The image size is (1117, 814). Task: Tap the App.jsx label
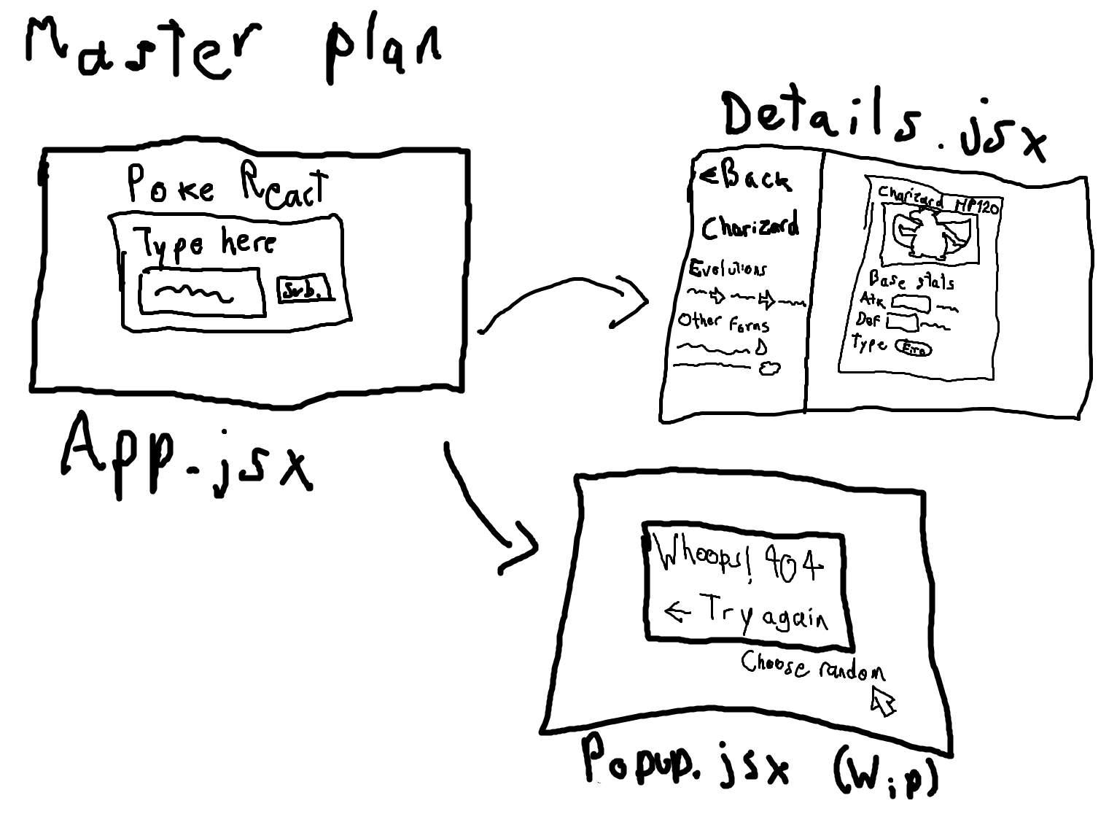[x=186, y=456]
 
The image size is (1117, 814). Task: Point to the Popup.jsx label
[x=685, y=762]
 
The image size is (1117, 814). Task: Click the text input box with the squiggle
[x=200, y=292]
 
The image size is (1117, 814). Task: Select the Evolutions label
[x=727, y=269]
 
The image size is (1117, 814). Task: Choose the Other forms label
[x=723, y=322]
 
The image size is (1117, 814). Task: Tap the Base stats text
[x=911, y=280]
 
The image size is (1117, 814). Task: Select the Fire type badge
[x=913, y=349]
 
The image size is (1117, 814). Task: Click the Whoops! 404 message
[x=740, y=561]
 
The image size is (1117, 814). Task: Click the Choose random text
[x=813, y=666]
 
